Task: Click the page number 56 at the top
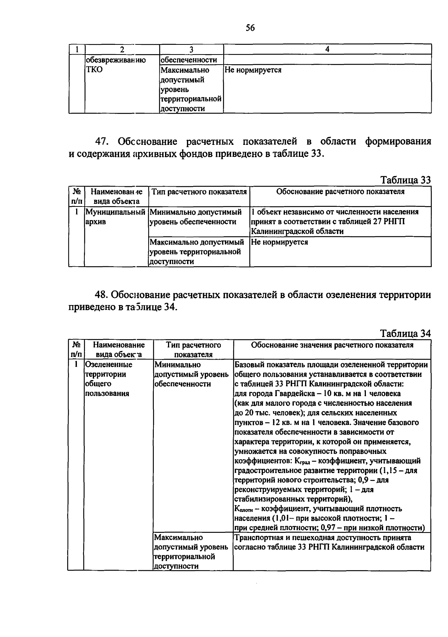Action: tap(250, 28)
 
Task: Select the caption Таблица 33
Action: tap(405, 180)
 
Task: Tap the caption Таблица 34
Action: tap(405, 333)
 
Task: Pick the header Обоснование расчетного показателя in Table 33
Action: tap(340, 192)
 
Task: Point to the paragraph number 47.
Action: tap(103, 142)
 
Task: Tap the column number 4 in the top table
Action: tap(327, 49)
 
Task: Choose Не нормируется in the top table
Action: tap(253, 70)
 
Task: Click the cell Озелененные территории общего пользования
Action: tap(109, 379)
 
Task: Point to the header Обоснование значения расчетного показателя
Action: tap(332, 345)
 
